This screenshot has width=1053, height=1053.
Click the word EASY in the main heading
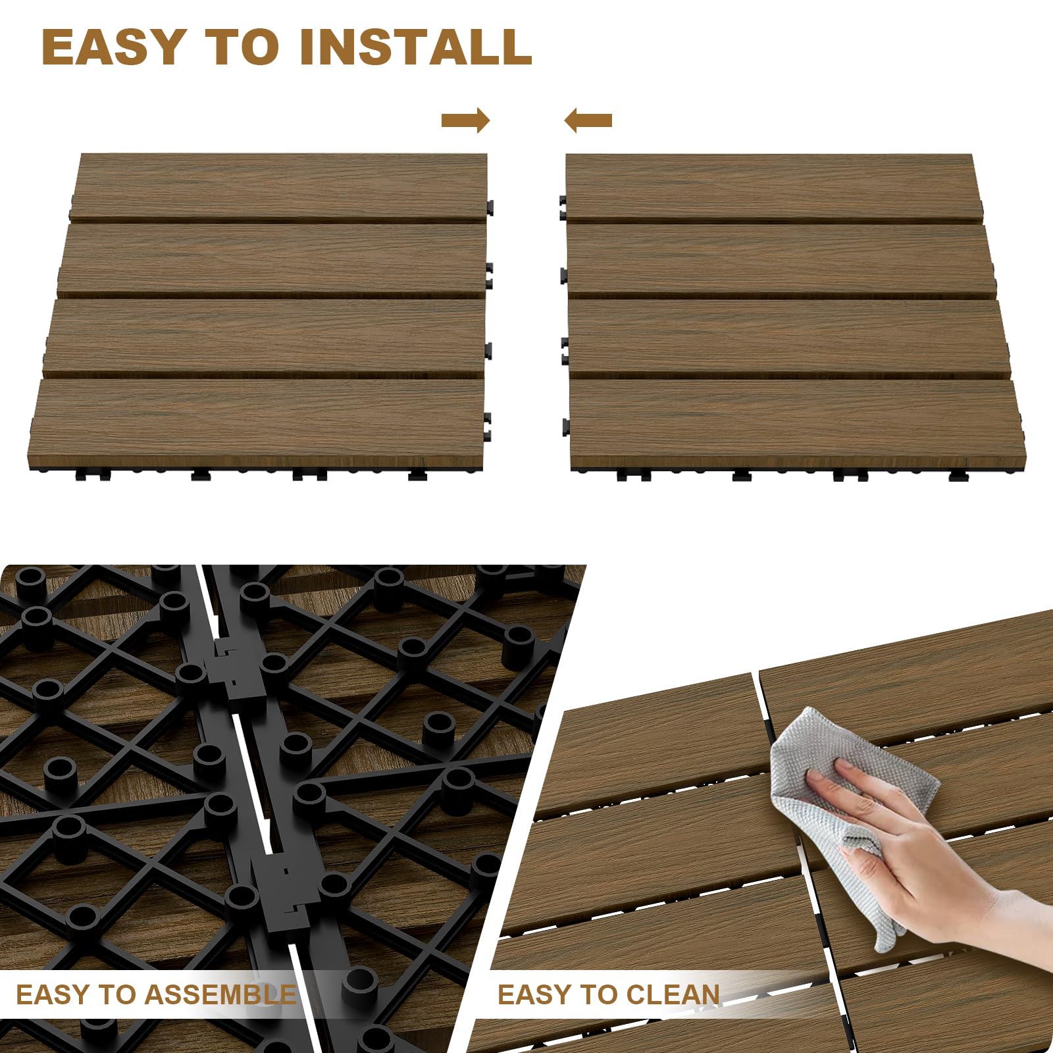pyautogui.click(x=112, y=47)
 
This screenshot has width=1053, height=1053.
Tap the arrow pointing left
pyautogui.click(x=588, y=120)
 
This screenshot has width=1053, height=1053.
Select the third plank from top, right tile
pyautogui.click(x=786, y=337)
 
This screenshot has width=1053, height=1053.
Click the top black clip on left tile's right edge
pyautogui.click(x=490, y=207)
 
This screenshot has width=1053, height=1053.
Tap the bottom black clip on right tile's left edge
pyautogui.click(x=565, y=428)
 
